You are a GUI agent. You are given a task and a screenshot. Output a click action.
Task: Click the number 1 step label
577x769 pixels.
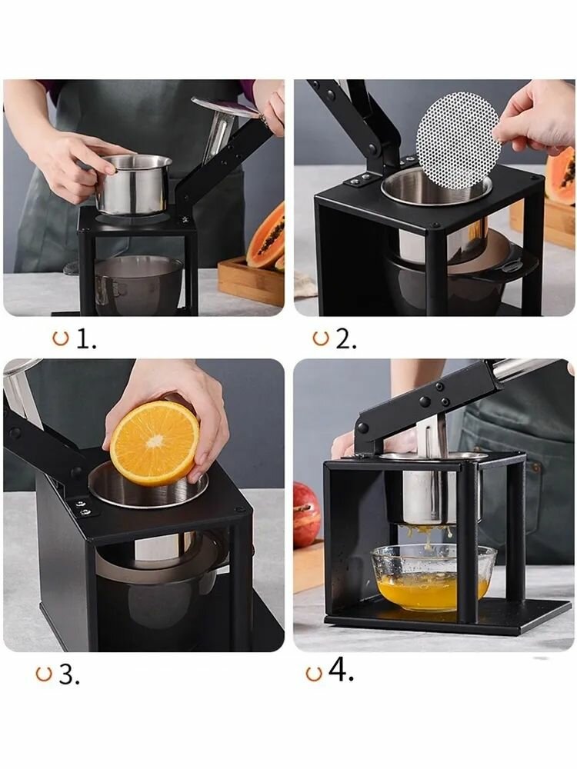pyautogui.click(x=86, y=339)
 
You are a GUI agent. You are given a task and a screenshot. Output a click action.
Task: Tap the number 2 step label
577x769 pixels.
pyautogui.click(x=346, y=339)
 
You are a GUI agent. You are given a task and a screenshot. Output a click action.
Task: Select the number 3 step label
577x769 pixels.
pyautogui.click(x=69, y=675)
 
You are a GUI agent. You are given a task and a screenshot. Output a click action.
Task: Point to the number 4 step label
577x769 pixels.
pyautogui.click(x=341, y=670)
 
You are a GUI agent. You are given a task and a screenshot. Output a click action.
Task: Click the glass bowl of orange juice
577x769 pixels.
pyautogui.click(x=433, y=577)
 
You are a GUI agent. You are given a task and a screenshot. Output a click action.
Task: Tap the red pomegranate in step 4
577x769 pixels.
pyautogui.click(x=306, y=514)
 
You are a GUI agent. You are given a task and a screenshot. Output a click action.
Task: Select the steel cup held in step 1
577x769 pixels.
pyautogui.click(x=133, y=185)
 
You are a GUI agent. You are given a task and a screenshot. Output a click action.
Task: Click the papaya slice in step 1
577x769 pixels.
pyautogui.click(x=266, y=236)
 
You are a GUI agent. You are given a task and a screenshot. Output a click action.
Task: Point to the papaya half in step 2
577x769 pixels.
pyautogui.click(x=560, y=175)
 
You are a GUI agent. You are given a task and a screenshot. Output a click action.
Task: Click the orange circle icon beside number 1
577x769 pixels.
pyautogui.click(x=60, y=338)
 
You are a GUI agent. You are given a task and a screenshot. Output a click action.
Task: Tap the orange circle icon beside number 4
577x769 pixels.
pyautogui.click(x=314, y=674)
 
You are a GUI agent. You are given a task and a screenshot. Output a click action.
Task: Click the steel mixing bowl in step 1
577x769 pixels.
pyautogui.click(x=138, y=285)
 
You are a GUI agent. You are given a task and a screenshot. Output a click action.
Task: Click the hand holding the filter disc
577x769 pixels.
pyautogui.click(x=535, y=118)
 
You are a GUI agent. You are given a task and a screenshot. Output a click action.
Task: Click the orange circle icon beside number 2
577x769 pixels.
pyautogui.click(x=320, y=338)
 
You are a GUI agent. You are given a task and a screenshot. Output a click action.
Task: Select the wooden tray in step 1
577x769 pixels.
pyautogui.click(x=251, y=281)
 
